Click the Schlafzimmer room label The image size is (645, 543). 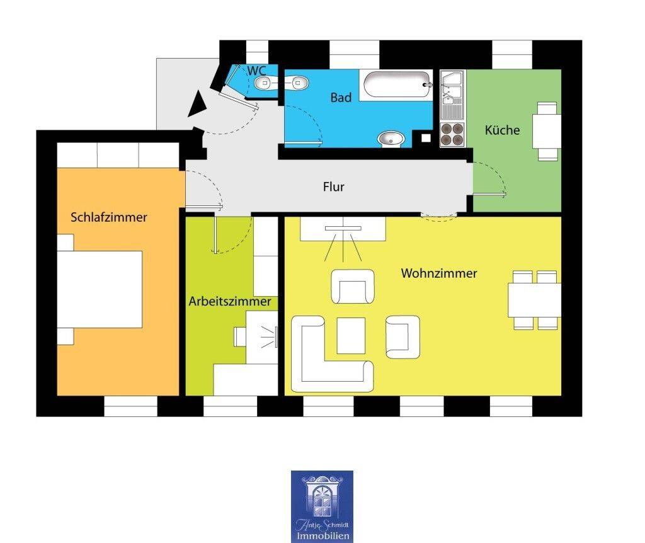108,217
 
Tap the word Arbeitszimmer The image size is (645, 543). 229,302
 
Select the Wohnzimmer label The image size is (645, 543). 439,273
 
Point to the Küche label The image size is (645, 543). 502,130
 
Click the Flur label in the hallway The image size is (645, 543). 334,186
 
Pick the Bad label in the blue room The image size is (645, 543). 341,98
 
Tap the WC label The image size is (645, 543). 256,71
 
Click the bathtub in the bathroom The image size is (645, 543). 397,85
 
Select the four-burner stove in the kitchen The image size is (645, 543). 452,134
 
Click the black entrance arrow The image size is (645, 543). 198,104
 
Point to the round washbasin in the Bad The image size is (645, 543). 391,139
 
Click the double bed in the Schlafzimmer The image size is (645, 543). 100,289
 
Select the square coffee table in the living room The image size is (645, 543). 351,336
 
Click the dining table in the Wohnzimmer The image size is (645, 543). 534,300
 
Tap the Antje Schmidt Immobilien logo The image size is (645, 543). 322,506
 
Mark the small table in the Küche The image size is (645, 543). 547,131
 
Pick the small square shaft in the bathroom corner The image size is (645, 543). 426,138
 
